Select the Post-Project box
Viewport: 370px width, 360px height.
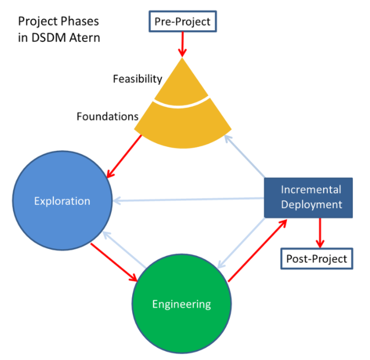316,258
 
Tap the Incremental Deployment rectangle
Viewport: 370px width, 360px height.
311,197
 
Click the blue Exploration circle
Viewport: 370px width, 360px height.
62,201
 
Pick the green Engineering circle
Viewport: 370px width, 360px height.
181,304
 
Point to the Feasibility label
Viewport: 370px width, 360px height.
137,79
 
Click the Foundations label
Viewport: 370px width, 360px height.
107,117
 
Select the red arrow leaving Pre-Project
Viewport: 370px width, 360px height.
182,43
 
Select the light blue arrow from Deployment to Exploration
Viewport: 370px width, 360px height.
187,199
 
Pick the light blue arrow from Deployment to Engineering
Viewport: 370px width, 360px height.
242,243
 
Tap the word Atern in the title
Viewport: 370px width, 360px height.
86,39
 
